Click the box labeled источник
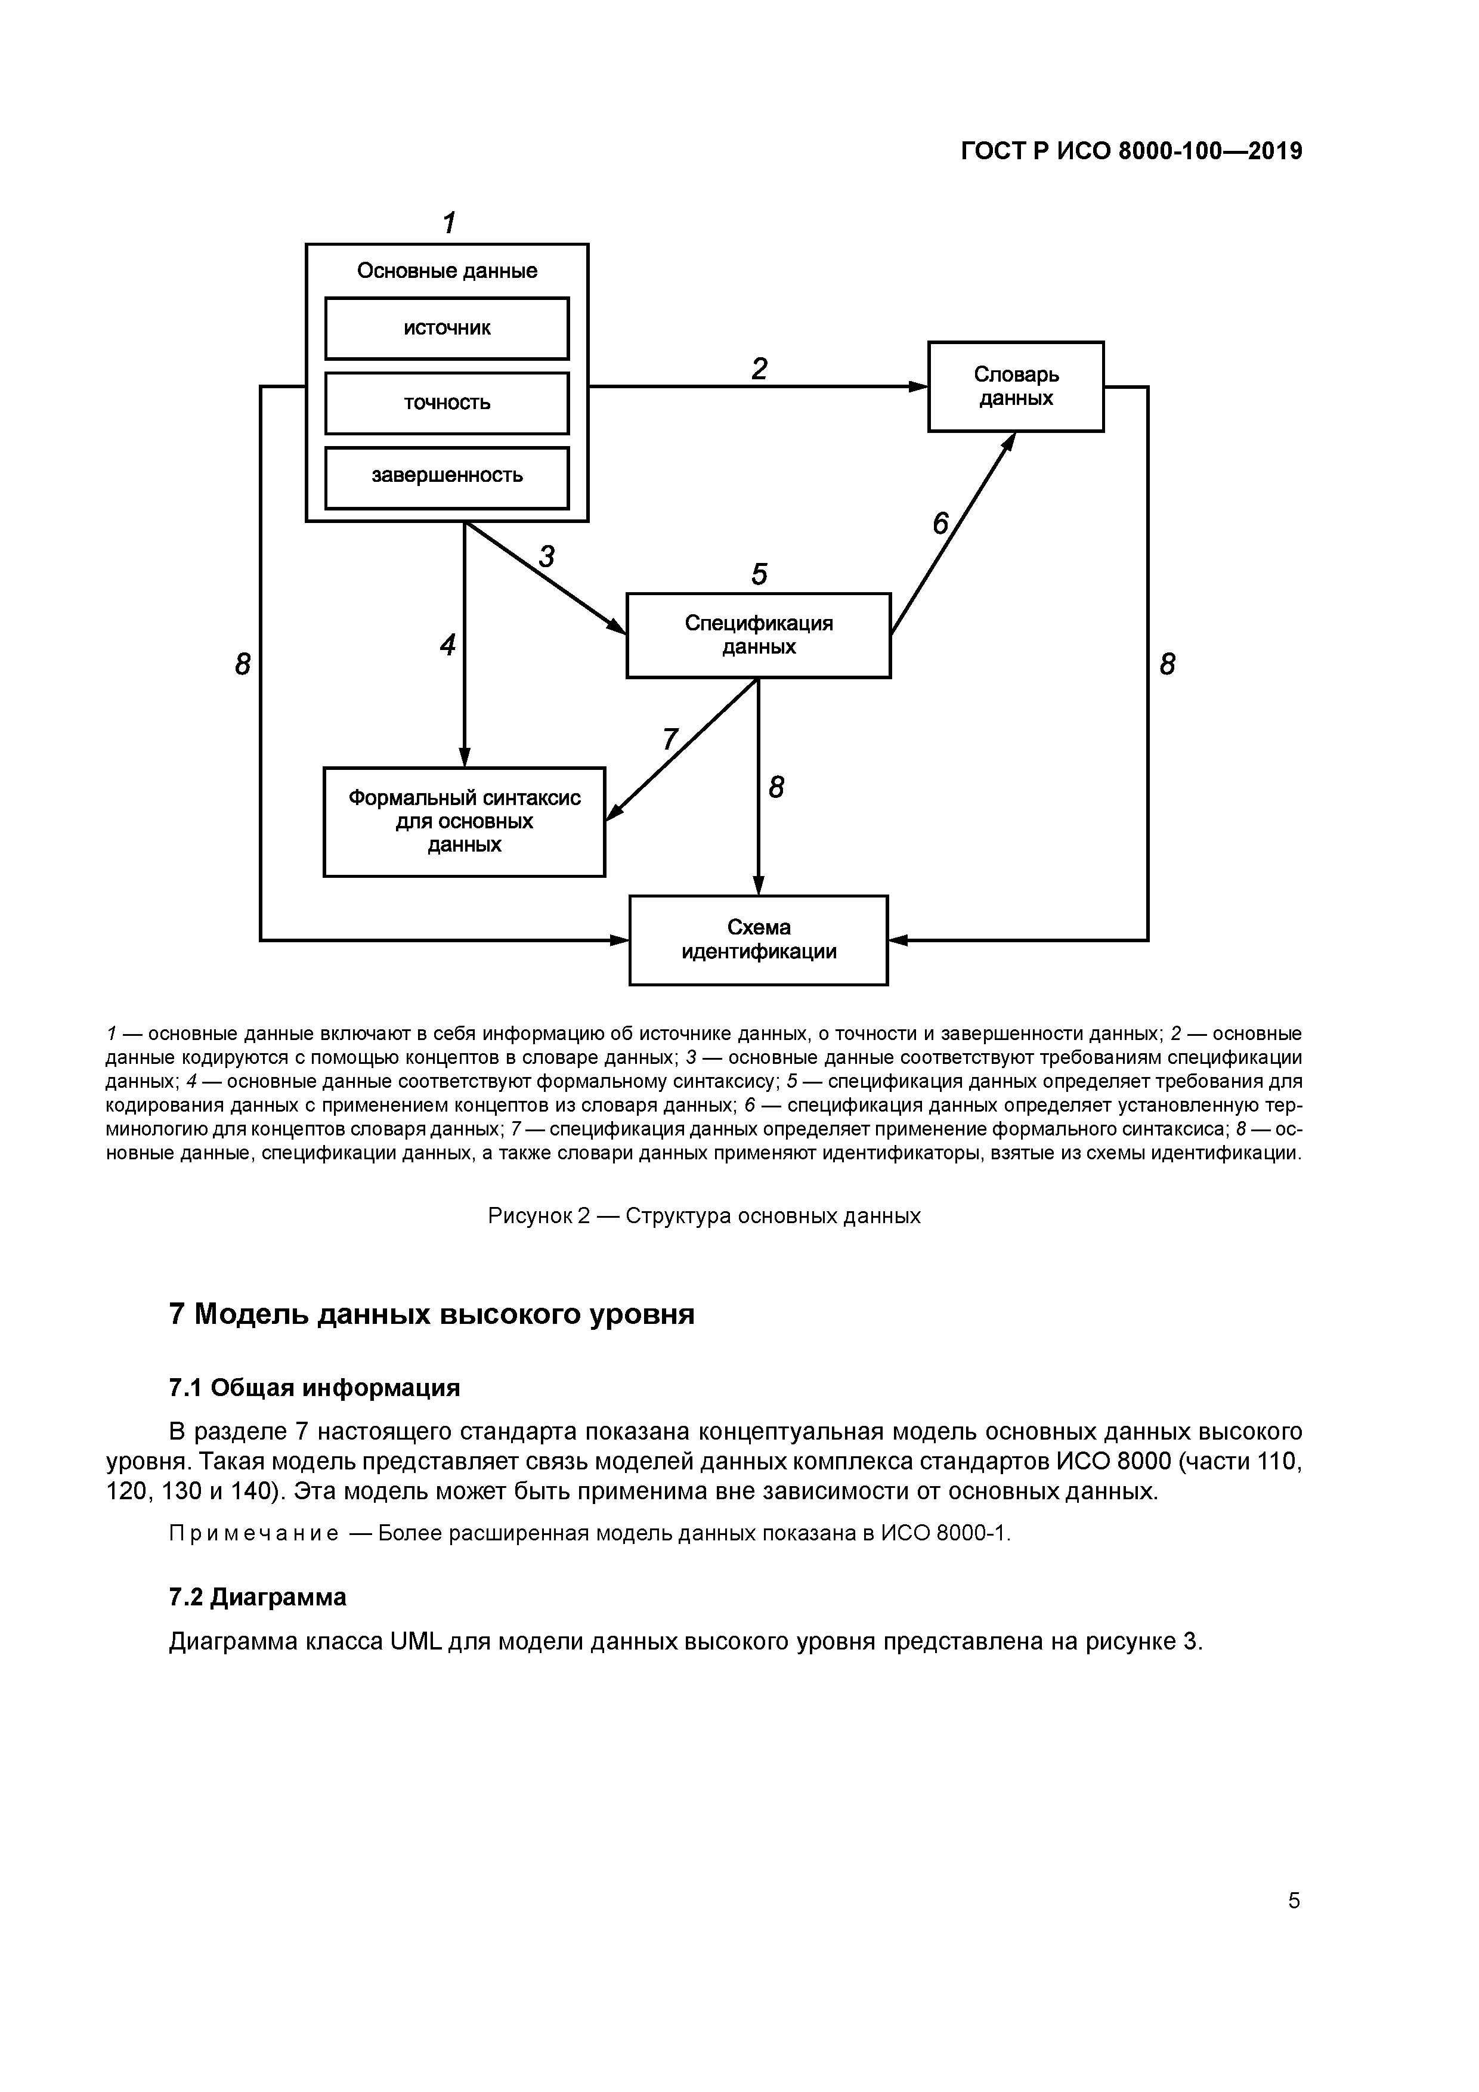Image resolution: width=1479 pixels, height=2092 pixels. [447, 328]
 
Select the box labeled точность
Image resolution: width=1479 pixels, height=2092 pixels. [447, 403]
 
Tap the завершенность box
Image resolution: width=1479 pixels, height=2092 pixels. [447, 476]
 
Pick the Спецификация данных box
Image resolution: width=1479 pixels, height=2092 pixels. [758, 635]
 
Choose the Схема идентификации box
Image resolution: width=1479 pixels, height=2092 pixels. [758, 939]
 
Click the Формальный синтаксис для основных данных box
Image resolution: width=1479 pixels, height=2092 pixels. [464, 821]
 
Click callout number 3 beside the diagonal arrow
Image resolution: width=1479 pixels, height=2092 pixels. [546, 556]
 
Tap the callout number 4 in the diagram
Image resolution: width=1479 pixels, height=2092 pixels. [447, 645]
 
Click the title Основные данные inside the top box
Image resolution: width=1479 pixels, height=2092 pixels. [447, 271]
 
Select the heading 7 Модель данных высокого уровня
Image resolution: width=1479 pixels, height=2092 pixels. [432, 1315]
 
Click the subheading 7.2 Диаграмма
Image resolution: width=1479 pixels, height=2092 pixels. [258, 1596]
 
